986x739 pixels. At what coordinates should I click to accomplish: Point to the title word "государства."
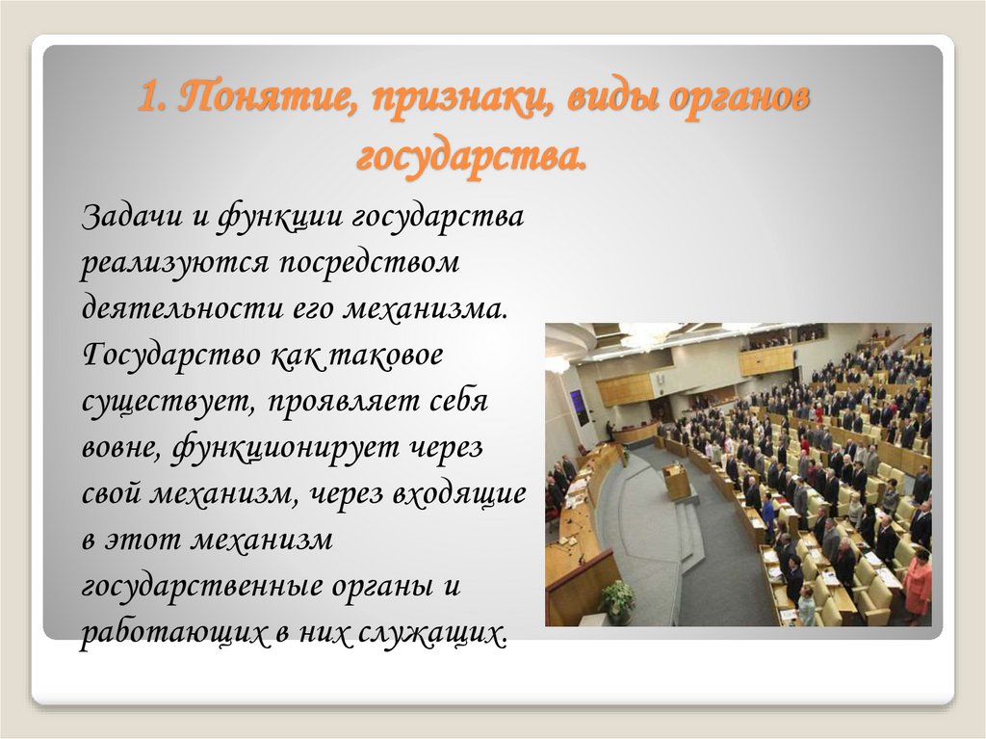tap(472, 156)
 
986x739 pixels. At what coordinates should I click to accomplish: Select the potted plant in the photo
tap(617, 600)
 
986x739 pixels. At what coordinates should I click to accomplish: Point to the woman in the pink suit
tap(917, 584)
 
